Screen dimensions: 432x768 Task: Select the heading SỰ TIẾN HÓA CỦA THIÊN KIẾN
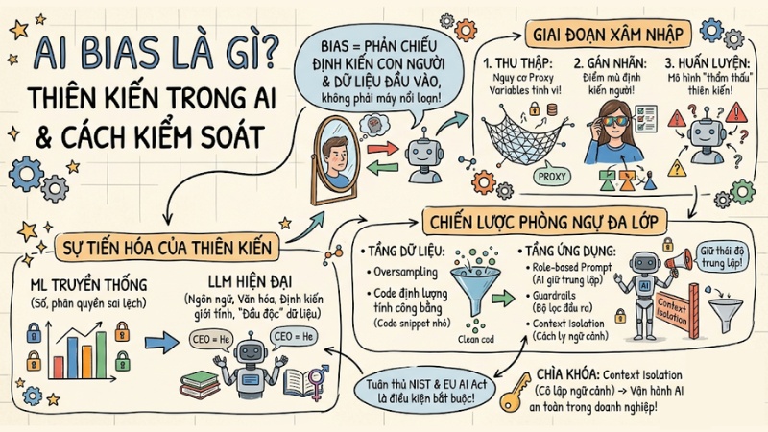[x=165, y=248]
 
